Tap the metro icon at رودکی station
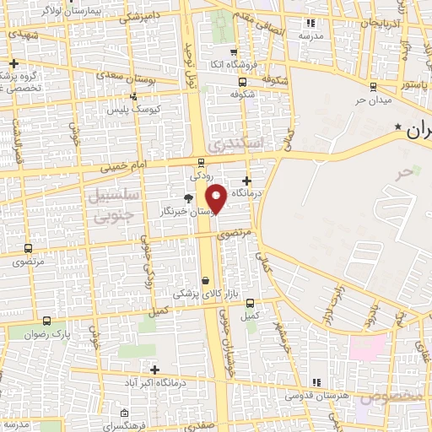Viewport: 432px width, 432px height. tap(201, 162)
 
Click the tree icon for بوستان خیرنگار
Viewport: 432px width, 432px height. tap(188, 198)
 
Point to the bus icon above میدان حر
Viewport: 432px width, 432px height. tap(373, 85)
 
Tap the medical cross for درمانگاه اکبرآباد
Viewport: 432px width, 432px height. tap(154, 369)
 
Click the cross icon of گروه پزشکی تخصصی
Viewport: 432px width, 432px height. tap(13, 63)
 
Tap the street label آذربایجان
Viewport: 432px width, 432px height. tap(379, 23)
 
